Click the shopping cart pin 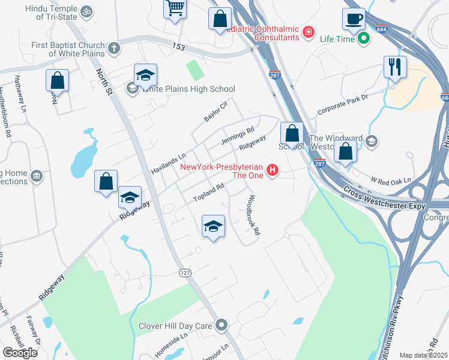point(175,9)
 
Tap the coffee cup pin point(354,18)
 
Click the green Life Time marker point(363,40)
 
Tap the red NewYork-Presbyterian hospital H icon point(273,170)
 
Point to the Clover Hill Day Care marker point(221,326)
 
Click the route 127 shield point(185,272)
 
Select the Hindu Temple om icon point(87,11)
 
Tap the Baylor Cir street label point(216,112)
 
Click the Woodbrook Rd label point(253,214)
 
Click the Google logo point(20,353)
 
